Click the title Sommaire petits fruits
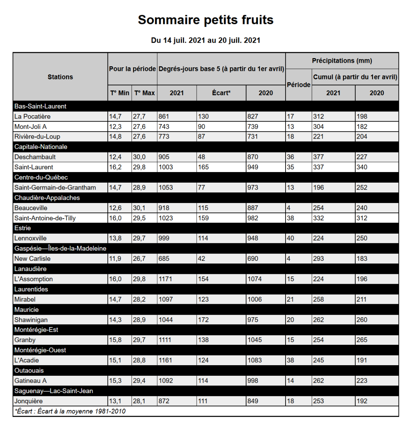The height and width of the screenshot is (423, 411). [205, 20]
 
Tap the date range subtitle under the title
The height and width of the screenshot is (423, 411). [205, 40]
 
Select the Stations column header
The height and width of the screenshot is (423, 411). [60, 77]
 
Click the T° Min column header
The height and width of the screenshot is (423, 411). [120, 93]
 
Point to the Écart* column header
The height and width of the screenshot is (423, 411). [221, 93]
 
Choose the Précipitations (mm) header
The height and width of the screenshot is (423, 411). [342, 61]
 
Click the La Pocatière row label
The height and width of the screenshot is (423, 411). [32, 116]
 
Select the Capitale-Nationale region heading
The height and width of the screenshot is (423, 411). [41, 147]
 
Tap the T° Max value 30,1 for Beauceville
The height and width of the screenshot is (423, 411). [139, 208]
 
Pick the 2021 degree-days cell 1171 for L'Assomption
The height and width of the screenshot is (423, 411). [166, 279]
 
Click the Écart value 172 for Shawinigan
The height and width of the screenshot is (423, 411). [203, 320]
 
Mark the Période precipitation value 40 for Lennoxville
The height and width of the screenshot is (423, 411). [290, 238]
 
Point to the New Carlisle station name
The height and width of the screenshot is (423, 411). [32, 258]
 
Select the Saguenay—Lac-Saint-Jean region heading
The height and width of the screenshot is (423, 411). [54, 391]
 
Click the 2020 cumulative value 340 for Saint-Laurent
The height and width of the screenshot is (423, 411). [362, 167]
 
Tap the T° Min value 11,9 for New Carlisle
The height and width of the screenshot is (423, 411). [115, 258]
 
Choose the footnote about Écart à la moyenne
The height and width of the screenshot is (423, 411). [70, 411]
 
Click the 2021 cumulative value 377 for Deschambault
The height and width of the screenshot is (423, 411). [319, 157]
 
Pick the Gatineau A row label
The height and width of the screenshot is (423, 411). [30, 381]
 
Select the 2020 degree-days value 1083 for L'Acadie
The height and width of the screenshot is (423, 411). [254, 360]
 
